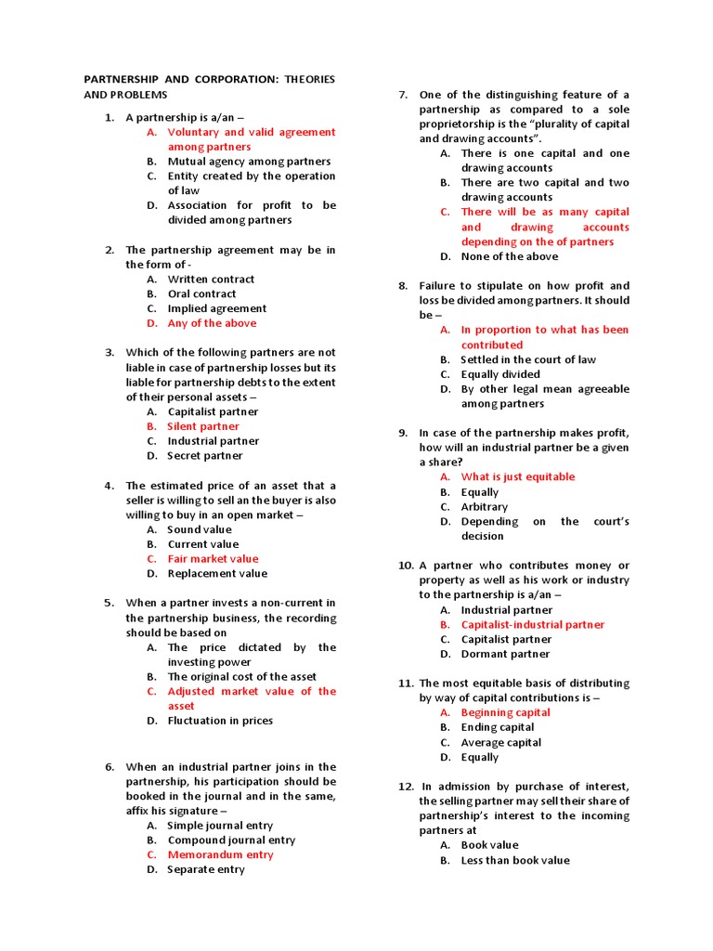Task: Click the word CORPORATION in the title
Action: click(227, 80)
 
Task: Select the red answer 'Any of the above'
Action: click(212, 323)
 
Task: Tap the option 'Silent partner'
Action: click(203, 426)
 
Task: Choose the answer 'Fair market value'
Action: click(213, 559)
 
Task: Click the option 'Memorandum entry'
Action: click(220, 854)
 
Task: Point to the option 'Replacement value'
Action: click(216, 574)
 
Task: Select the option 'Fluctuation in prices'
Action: click(220, 721)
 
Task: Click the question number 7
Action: click(403, 95)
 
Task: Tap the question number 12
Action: click(406, 786)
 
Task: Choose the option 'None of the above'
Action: click(510, 256)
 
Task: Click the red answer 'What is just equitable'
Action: click(518, 477)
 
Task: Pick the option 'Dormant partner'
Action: click(505, 654)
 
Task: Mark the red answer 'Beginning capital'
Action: click(505, 713)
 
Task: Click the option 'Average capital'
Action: click(500, 743)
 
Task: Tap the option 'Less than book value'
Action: click(515, 860)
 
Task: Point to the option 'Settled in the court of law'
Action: click(528, 359)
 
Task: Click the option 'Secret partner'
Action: click(204, 456)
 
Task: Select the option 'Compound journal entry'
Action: click(231, 840)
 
